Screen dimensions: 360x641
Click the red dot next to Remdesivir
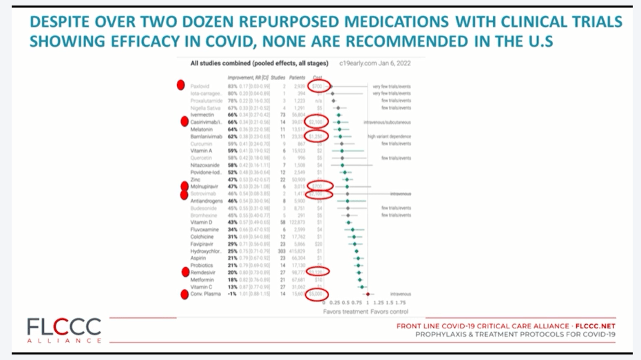tap(185, 272)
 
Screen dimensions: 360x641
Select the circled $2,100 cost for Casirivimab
tap(317, 122)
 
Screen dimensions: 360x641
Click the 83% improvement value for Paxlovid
tap(233, 86)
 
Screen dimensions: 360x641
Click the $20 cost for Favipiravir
tap(319, 244)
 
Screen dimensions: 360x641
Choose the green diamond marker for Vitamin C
tap(360, 286)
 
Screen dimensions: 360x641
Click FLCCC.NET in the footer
tap(594, 325)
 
